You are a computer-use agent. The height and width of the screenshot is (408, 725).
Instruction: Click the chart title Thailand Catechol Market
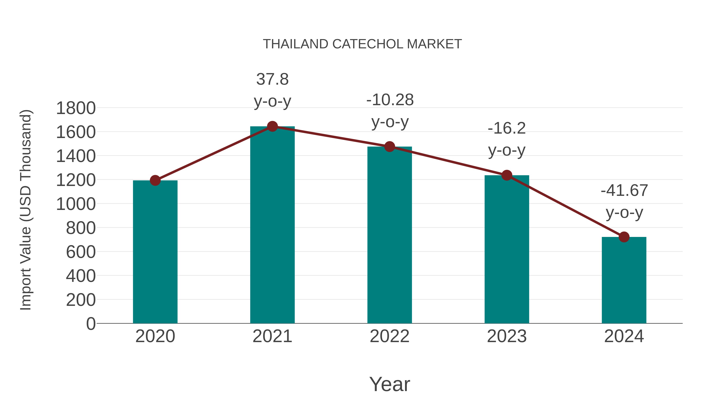tap(362, 44)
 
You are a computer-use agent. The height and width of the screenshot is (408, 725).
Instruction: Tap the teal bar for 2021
tap(272, 225)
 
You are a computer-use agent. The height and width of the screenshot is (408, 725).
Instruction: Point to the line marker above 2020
tap(155, 180)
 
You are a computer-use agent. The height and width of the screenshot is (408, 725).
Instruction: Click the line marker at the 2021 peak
tap(272, 126)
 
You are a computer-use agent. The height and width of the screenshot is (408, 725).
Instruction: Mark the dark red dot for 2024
tap(624, 237)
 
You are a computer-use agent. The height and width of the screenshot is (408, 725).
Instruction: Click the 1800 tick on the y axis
tap(76, 108)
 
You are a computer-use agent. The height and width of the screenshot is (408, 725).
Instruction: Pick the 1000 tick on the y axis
tap(76, 204)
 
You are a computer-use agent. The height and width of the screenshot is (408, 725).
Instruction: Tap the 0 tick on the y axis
tap(91, 324)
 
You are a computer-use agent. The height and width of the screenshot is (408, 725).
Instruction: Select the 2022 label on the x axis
tap(389, 336)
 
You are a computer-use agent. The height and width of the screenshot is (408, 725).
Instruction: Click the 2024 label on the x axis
tap(624, 336)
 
